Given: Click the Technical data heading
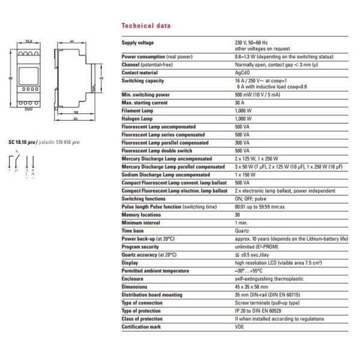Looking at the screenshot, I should [x=146, y=26].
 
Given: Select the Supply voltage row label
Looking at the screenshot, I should [x=138, y=43].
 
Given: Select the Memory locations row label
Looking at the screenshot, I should [x=141, y=214].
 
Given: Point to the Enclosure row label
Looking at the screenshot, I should [x=133, y=278].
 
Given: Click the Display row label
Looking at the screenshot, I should [x=130, y=262].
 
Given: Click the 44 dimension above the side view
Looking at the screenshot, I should [x=71, y=41].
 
